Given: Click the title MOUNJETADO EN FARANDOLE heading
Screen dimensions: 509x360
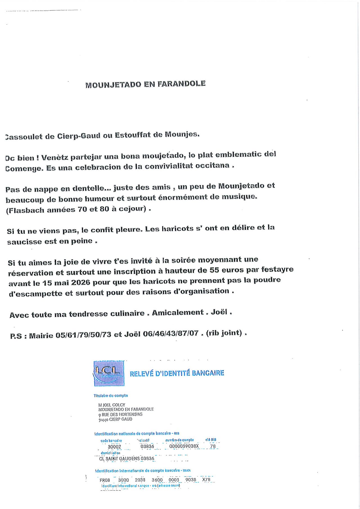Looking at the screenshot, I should click(145, 84).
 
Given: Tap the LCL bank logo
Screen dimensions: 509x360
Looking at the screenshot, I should click(109, 373).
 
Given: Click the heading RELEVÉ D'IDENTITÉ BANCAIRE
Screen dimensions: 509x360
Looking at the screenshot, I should click(177, 373).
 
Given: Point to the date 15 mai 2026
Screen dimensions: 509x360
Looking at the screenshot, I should click(66, 282).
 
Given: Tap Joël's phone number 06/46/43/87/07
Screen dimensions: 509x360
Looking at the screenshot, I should click(171, 334).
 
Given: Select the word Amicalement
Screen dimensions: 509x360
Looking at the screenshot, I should click(178, 312).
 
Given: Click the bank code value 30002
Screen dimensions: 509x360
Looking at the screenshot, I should click(114, 447).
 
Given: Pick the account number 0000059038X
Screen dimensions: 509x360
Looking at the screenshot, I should click(184, 446).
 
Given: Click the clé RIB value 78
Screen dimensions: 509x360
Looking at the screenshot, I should click(213, 446).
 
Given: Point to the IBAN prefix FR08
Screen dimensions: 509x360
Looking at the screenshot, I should click(105, 480).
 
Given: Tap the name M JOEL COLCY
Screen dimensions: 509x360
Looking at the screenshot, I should click(112, 405).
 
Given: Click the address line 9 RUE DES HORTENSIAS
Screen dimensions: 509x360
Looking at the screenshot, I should click(120, 415).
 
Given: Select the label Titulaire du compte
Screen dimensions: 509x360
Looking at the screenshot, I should click(111, 395).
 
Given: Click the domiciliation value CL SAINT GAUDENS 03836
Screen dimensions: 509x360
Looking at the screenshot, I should click(127, 458).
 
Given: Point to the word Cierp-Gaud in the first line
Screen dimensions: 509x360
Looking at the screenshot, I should click(79, 136).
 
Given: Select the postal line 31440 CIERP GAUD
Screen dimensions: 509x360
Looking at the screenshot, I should click(115, 419).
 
